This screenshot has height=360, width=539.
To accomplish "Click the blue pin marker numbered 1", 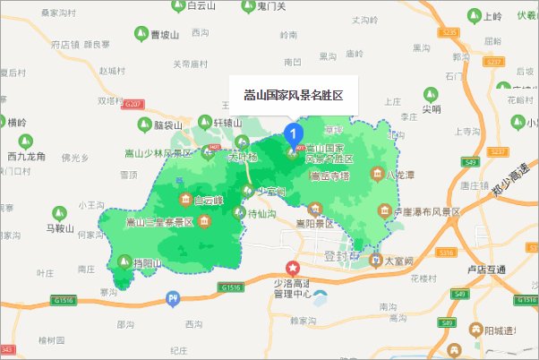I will pyautogui.click(x=293, y=134).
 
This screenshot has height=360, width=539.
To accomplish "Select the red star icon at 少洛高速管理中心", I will pyautogui.click(x=291, y=268).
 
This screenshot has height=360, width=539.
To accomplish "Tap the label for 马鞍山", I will pyautogui.click(x=64, y=227).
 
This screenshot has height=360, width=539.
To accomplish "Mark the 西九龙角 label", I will pyautogui.click(x=27, y=156).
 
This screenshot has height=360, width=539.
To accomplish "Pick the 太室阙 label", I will pyautogui.click(x=398, y=261).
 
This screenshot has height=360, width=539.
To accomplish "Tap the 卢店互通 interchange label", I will pyautogui.click(x=487, y=269).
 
